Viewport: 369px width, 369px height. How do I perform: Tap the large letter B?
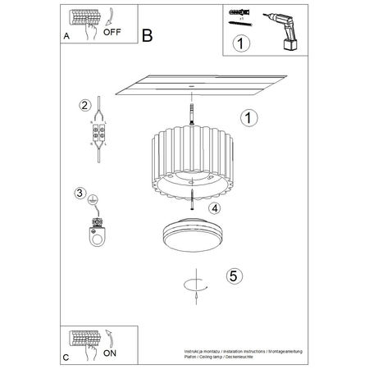click(x=147, y=35)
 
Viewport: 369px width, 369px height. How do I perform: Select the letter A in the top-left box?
click(x=66, y=36)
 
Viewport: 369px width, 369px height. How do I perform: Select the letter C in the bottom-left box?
click(x=65, y=358)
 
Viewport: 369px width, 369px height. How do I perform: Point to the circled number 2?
click(x=84, y=105)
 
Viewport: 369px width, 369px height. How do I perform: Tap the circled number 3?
click(x=80, y=194)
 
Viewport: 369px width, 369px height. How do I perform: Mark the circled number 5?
click(x=233, y=276)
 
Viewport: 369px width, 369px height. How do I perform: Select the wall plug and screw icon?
click(x=237, y=18)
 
